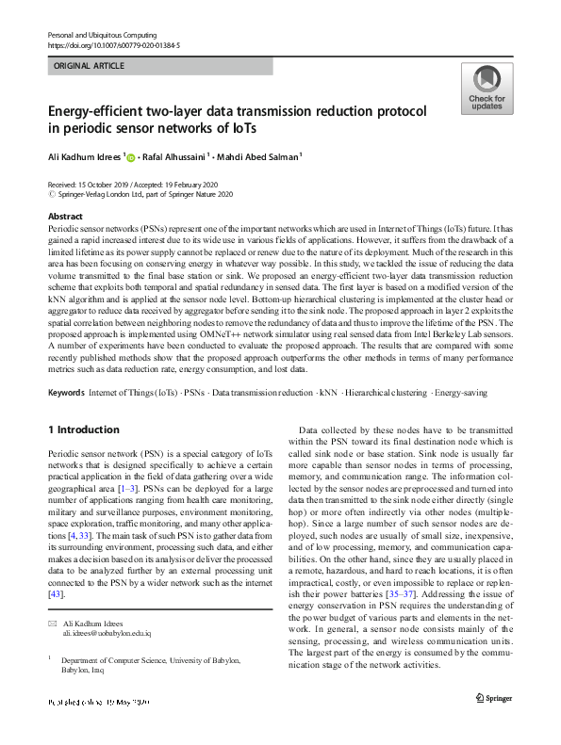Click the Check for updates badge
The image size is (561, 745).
[x=486, y=89]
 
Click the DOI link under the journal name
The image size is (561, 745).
[x=113, y=44]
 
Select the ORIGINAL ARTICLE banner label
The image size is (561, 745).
[x=90, y=67]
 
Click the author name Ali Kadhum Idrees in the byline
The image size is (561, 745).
[x=84, y=157]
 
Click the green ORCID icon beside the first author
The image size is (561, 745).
[x=130, y=158]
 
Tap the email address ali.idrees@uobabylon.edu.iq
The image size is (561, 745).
[x=101, y=635]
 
